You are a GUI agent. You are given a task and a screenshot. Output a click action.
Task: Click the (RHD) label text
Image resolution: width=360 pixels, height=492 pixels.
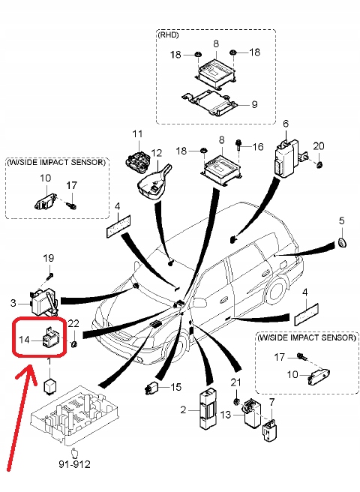(x=168, y=34)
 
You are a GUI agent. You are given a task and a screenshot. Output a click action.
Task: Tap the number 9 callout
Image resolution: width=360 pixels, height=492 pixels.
(x=254, y=104)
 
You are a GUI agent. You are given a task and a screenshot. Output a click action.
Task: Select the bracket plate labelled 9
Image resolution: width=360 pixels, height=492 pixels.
(x=209, y=103)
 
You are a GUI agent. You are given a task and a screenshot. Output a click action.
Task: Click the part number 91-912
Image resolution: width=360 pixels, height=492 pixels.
(x=75, y=464)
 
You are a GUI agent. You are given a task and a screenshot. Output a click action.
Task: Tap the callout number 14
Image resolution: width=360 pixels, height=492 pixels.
(x=24, y=340)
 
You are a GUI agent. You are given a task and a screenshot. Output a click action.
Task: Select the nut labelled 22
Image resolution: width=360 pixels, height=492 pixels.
(x=74, y=344)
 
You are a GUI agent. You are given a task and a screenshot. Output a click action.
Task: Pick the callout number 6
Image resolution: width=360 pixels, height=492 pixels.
(x=286, y=124)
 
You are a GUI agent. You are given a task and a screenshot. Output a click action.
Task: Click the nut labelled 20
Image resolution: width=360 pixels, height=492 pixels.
(x=319, y=164)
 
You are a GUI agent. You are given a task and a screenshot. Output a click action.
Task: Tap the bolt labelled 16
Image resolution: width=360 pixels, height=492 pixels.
(x=238, y=145)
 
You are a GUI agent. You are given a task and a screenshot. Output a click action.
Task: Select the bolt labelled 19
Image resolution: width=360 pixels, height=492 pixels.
(x=49, y=277)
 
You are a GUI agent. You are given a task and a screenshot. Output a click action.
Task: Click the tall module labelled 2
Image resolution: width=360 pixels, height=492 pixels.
(x=208, y=408)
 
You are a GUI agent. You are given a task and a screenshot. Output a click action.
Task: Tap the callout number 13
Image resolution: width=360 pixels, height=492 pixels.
(x=226, y=415)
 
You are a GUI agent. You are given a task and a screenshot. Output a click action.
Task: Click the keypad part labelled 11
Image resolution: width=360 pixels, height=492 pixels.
(x=136, y=160)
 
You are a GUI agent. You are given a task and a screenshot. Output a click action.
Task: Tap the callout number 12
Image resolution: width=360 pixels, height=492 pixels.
(x=156, y=153)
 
